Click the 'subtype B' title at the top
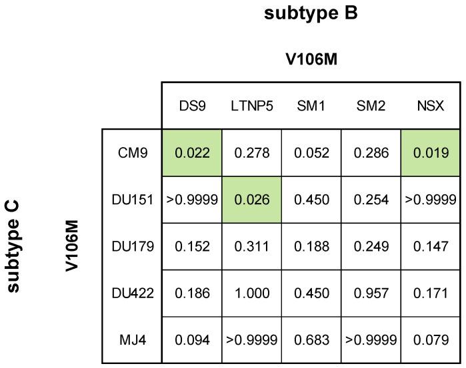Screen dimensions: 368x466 [x=311, y=14]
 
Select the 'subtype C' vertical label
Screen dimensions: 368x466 [x=13, y=246]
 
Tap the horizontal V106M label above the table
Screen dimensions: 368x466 [x=311, y=60]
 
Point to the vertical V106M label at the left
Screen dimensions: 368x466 [x=73, y=246]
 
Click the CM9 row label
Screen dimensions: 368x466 [x=132, y=153]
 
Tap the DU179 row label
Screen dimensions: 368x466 [x=132, y=247]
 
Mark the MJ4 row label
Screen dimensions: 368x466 [x=132, y=340]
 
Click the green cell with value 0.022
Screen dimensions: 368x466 [x=192, y=153]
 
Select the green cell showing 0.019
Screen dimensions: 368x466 [x=431, y=153]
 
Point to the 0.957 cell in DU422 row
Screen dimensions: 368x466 [x=371, y=293]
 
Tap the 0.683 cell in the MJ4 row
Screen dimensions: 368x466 [x=311, y=340]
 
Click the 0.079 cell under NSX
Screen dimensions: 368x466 [x=431, y=340]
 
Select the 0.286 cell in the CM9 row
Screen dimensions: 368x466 [x=371, y=153]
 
